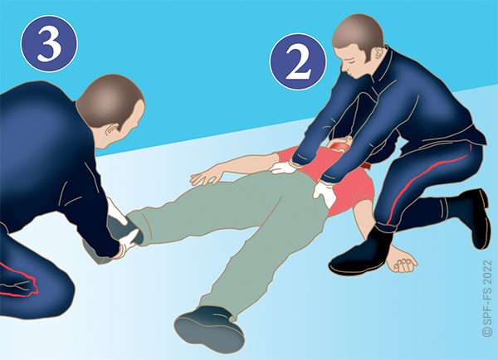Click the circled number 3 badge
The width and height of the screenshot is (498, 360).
click(49, 43)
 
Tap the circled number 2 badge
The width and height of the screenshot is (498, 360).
click(298, 61)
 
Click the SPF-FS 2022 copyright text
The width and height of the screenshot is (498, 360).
click(487, 299)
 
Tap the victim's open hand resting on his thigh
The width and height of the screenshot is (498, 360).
click(207, 174)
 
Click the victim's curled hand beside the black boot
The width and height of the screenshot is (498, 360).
click(401, 260)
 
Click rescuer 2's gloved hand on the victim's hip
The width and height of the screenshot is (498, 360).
click(324, 192)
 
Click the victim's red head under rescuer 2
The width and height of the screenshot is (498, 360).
click(339, 145)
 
